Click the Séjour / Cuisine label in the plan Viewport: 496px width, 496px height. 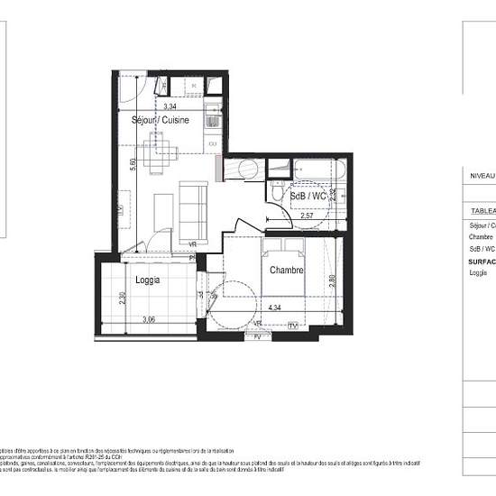tap(155, 121)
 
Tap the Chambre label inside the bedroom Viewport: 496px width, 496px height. tap(285, 271)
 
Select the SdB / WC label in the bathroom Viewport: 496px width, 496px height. tap(308, 197)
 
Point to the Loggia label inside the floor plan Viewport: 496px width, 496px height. tap(148, 280)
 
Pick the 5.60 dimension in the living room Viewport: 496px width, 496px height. tap(132, 165)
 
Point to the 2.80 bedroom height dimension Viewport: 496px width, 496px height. tap(332, 280)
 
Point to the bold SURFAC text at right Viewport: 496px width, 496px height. tap(482, 261)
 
